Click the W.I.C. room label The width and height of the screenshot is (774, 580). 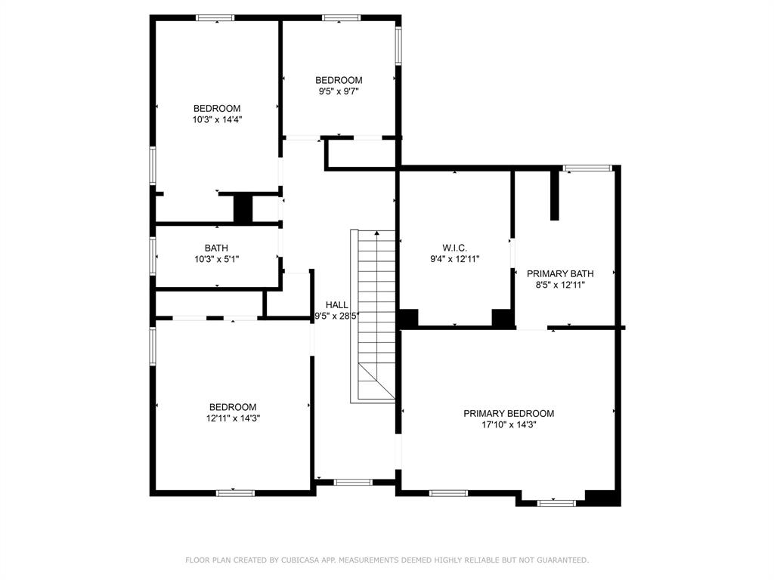coord(454,248)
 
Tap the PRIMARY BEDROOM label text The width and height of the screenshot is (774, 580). coord(509,413)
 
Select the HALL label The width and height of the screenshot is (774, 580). coord(336,305)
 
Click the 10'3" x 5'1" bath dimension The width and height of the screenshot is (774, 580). coord(217,259)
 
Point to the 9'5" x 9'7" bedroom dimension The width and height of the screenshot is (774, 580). coord(339,91)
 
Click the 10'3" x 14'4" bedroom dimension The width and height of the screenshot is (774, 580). coord(217,119)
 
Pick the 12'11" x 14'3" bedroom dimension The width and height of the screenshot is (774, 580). coord(233,418)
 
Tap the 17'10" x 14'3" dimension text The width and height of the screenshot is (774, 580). coord(509,424)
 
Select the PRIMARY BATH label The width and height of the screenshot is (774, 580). coord(560,273)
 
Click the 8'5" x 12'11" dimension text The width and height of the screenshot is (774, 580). coord(560,285)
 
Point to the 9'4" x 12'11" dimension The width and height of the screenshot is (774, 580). coord(454,259)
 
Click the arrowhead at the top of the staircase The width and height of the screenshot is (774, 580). coord(377,233)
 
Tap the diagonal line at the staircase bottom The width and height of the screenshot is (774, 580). coord(376,381)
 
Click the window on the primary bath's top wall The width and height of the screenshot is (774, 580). coord(587,168)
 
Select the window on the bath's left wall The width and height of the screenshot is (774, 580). coord(153,256)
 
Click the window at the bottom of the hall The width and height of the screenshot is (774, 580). coord(353,482)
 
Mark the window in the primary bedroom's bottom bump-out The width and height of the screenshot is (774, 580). coord(556,503)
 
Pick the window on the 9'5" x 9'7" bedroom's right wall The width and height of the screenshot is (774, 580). coord(398,46)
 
